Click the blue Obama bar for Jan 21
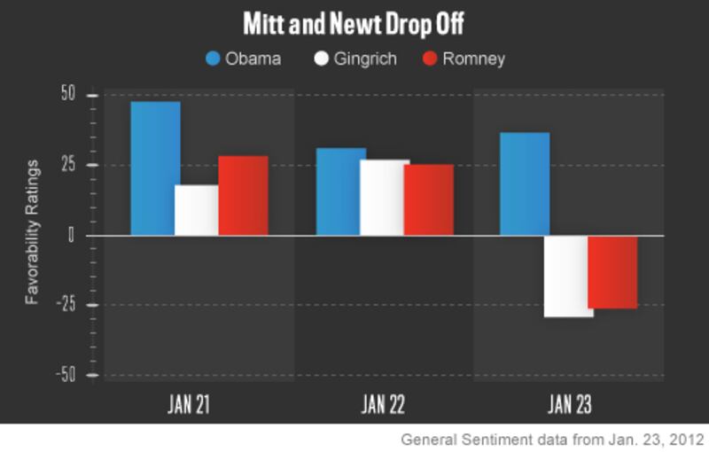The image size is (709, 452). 155,168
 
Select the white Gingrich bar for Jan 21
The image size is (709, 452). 196,210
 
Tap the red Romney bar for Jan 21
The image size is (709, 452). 243,196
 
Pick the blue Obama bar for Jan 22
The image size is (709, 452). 341,191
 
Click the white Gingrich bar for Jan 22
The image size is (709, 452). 383,198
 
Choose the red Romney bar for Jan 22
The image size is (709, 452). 428,199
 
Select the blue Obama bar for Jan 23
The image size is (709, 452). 525,183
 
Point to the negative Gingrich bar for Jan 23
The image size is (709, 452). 567,276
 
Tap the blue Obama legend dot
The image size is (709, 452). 213,59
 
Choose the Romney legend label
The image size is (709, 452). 473,59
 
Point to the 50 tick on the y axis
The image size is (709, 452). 68,95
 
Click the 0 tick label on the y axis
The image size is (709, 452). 74,235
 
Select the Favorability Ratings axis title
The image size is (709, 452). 32,232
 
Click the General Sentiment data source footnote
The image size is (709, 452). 551,439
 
